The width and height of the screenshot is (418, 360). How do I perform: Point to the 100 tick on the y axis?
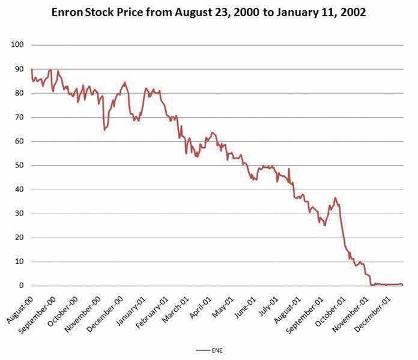point(16,45)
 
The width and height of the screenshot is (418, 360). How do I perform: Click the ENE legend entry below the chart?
point(210,349)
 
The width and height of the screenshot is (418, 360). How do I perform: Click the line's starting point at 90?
point(31,70)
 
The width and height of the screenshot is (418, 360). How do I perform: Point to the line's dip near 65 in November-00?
point(104,130)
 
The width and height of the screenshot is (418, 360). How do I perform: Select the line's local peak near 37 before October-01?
point(335,197)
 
